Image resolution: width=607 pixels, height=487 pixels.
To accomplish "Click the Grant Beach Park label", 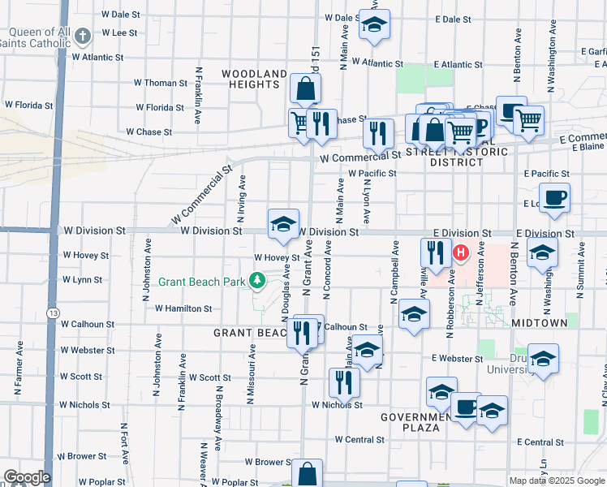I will (201, 282).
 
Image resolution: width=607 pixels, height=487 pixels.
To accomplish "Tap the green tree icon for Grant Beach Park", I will (258, 281).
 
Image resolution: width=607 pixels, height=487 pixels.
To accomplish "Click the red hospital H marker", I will (461, 253).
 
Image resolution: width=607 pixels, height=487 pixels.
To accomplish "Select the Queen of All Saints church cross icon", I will (83, 36).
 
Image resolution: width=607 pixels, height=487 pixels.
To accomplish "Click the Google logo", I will (27, 477).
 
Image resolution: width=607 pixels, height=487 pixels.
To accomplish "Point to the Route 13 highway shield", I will (54, 312).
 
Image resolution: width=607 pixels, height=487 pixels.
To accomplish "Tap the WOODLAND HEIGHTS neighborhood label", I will (254, 79).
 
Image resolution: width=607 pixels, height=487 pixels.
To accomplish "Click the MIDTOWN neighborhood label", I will (540, 323).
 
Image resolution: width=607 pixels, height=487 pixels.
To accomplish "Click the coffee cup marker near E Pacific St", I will (554, 198).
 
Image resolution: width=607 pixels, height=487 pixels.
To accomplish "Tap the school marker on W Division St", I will (283, 225).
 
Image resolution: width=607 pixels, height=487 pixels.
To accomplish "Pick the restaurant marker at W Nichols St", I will (344, 383).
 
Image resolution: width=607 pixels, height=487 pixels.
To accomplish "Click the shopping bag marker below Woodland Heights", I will (305, 89).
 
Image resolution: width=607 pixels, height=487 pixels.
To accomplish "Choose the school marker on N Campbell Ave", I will (414, 317).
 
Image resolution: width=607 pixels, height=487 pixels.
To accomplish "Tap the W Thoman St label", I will (161, 83).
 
